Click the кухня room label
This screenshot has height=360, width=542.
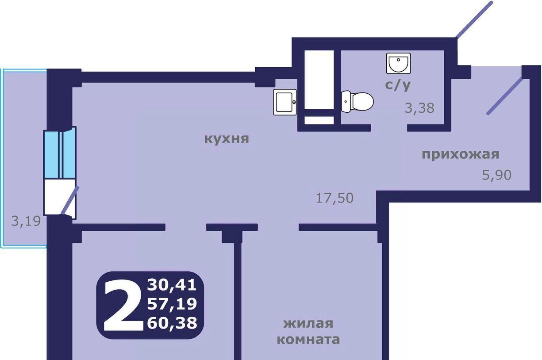(x=227, y=139)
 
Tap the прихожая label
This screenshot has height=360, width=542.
(x=461, y=155)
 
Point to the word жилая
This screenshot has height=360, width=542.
(x=308, y=323)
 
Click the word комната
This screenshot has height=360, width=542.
(x=308, y=340)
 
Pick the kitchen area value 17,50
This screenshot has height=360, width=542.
(x=334, y=198)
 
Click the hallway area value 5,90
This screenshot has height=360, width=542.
(x=497, y=175)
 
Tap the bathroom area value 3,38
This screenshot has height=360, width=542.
(x=419, y=108)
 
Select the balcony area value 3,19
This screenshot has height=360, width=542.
(x=26, y=221)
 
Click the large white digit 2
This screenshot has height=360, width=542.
(x=123, y=305)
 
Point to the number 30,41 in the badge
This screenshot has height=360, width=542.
(x=172, y=285)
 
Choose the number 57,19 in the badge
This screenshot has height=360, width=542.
(x=172, y=304)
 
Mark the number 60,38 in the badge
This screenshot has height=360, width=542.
(x=172, y=323)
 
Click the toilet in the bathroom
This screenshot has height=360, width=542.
(x=357, y=102)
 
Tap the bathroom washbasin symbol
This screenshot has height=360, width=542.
(x=398, y=63)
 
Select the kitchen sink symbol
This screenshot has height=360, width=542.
(x=285, y=102)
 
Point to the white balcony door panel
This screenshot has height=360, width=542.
(x=60, y=197)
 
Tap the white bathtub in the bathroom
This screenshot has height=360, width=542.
(x=319, y=80)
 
